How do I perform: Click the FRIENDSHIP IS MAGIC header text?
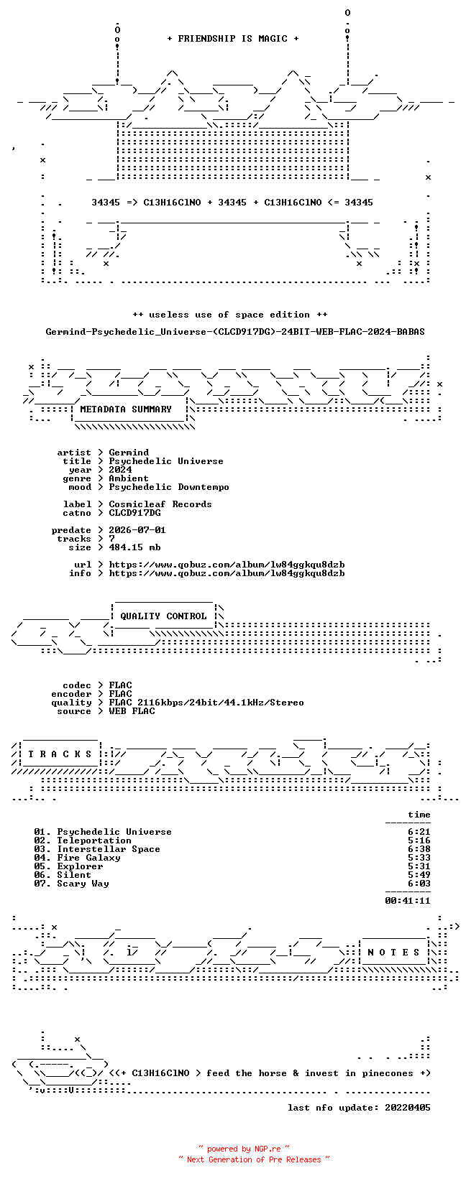click(x=233, y=39)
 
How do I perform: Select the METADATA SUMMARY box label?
click(x=126, y=409)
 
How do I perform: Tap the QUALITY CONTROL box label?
click(x=163, y=616)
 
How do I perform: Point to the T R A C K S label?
click(x=60, y=754)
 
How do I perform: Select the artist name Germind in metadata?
click(x=129, y=453)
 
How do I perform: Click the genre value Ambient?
click(x=129, y=478)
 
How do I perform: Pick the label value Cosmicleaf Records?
click(x=160, y=504)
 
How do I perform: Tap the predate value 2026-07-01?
click(x=137, y=530)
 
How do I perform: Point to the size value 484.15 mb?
click(x=134, y=547)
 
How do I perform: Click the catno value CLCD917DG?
click(x=134, y=512)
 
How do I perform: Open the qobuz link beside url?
click(x=227, y=564)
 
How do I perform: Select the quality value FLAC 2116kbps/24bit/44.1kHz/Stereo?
click(x=206, y=703)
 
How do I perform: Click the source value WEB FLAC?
click(x=132, y=710)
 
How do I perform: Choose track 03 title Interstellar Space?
click(x=109, y=849)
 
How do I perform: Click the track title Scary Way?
click(x=83, y=883)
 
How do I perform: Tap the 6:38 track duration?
click(x=419, y=849)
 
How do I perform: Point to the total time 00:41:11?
click(x=408, y=901)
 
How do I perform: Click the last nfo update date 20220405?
click(x=408, y=1108)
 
